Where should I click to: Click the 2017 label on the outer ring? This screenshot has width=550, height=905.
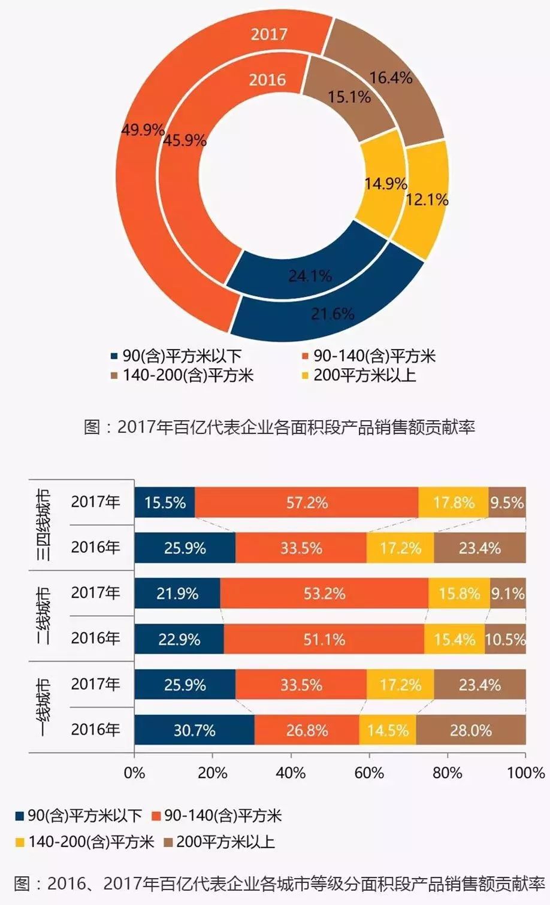[x=269, y=34]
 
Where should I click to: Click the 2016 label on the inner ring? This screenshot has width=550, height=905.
[x=267, y=80]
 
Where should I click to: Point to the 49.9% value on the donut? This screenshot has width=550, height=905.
[x=143, y=129]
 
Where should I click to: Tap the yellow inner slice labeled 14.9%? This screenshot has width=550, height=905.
[x=386, y=183]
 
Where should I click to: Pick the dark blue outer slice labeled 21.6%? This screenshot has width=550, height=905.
[x=333, y=314]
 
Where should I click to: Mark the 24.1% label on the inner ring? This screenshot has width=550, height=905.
[x=310, y=276]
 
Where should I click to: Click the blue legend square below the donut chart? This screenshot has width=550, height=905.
[x=114, y=357]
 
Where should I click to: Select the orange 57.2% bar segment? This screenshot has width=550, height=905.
[x=307, y=502]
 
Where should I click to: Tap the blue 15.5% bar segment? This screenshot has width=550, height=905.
[x=165, y=502]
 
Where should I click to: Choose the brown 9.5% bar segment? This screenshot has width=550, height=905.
[x=507, y=502]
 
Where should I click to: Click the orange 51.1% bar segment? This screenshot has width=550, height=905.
[x=324, y=639]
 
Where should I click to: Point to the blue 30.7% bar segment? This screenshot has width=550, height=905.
[x=194, y=730]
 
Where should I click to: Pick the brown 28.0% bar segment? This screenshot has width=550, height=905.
[x=471, y=730]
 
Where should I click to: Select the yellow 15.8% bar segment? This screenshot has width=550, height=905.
[x=459, y=594]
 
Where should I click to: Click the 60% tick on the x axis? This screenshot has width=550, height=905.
[x=369, y=773]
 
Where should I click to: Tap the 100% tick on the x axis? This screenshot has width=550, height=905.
[x=525, y=773]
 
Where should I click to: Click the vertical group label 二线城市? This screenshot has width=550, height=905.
[x=43, y=616]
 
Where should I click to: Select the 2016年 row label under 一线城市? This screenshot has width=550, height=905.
[x=95, y=730]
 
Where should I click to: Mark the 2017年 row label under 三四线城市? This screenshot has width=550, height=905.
[x=95, y=502]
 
